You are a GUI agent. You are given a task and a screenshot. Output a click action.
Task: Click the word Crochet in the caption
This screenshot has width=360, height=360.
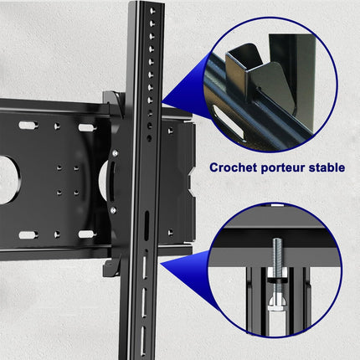[x=234, y=167]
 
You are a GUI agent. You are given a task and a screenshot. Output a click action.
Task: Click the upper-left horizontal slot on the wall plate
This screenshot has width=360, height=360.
[x=28, y=126]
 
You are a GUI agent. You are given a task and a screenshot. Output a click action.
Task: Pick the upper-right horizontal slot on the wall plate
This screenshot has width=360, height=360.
[x=86, y=127]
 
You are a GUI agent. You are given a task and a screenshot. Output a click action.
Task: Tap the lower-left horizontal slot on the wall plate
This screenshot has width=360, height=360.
[x=28, y=234]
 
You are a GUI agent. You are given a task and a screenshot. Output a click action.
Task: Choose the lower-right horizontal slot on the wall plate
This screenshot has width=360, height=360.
[x=86, y=234]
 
